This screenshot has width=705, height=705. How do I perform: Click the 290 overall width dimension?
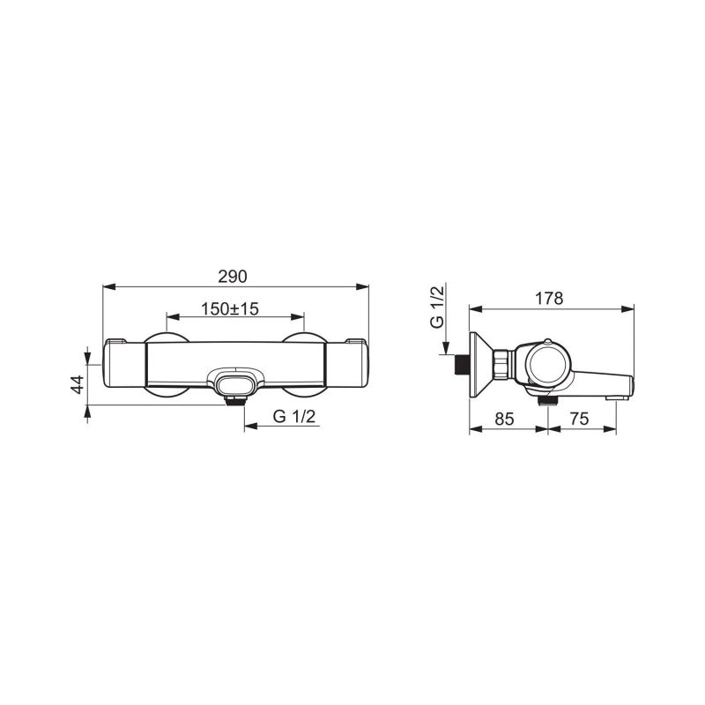pos(233,276)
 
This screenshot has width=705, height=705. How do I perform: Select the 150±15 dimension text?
pos(230,309)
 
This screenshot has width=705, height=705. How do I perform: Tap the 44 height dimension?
pos(78,384)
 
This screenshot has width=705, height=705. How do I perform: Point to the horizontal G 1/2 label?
pos(294,417)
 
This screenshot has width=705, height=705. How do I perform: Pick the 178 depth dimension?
pos(550,298)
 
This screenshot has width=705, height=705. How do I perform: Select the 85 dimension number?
pos(504,419)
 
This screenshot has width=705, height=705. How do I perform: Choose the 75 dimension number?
pos(579,419)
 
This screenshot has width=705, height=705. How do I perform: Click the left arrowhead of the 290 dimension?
pos(109,286)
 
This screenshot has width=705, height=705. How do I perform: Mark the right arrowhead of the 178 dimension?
pos(627,309)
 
